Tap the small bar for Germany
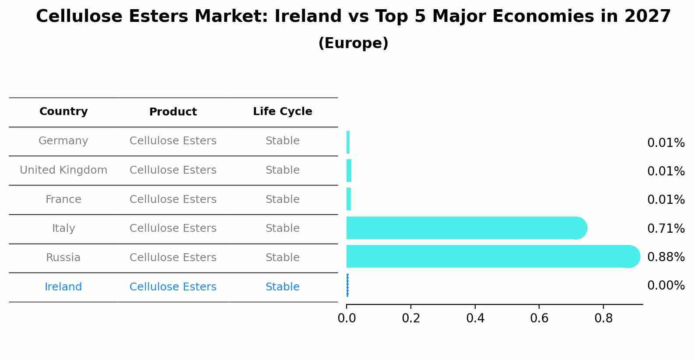[348, 142]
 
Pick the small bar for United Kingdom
[349, 171]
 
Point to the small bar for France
[349, 199]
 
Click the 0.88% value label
[666, 257]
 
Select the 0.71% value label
[666, 228]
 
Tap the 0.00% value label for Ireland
[666, 286]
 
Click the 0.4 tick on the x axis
[475, 318]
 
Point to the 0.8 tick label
[603, 318]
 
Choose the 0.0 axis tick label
[347, 318]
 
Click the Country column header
[63, 112]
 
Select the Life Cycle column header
[282, 112]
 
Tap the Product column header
[173, 112]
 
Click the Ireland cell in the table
[63, 287]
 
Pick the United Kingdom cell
[63, 170]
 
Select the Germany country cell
[63, 141]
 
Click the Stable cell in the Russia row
[282, 258]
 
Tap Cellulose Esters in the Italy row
[173, 228]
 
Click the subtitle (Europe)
[353, 43]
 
